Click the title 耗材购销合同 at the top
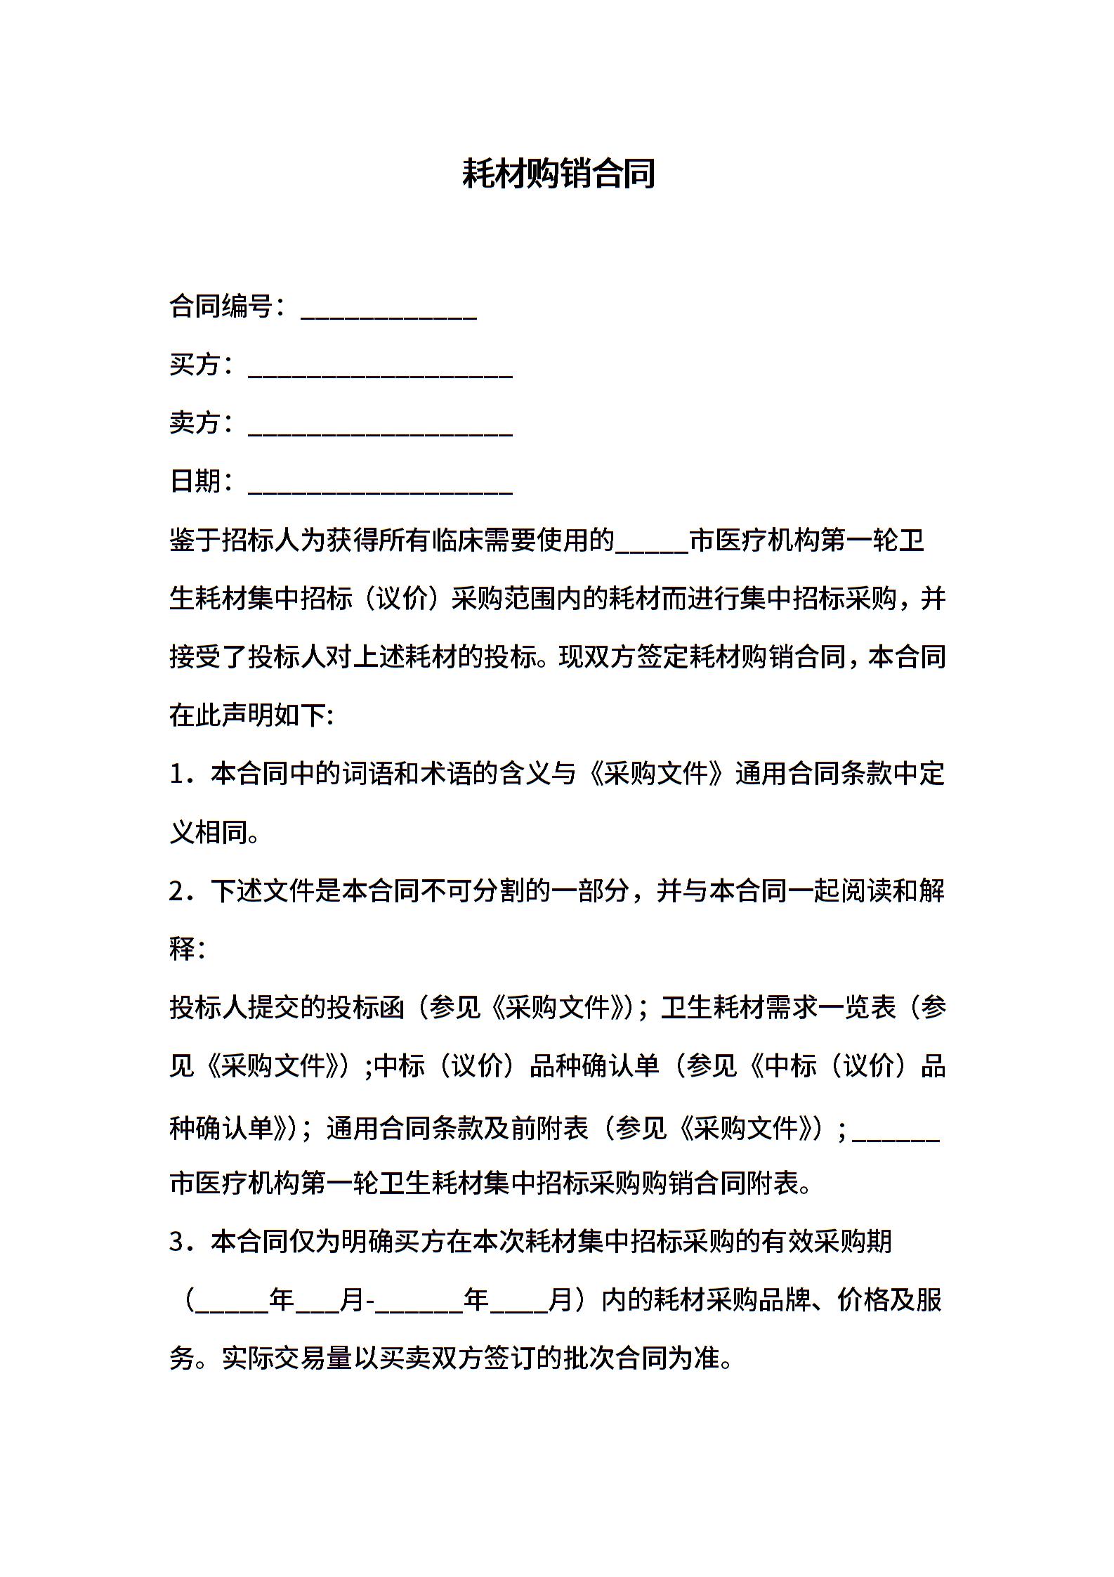click(x=558, y=174)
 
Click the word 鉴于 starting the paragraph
click(x=195, y=540)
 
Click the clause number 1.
click(x=178, y=774)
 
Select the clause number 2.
click(x=178, y=891)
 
